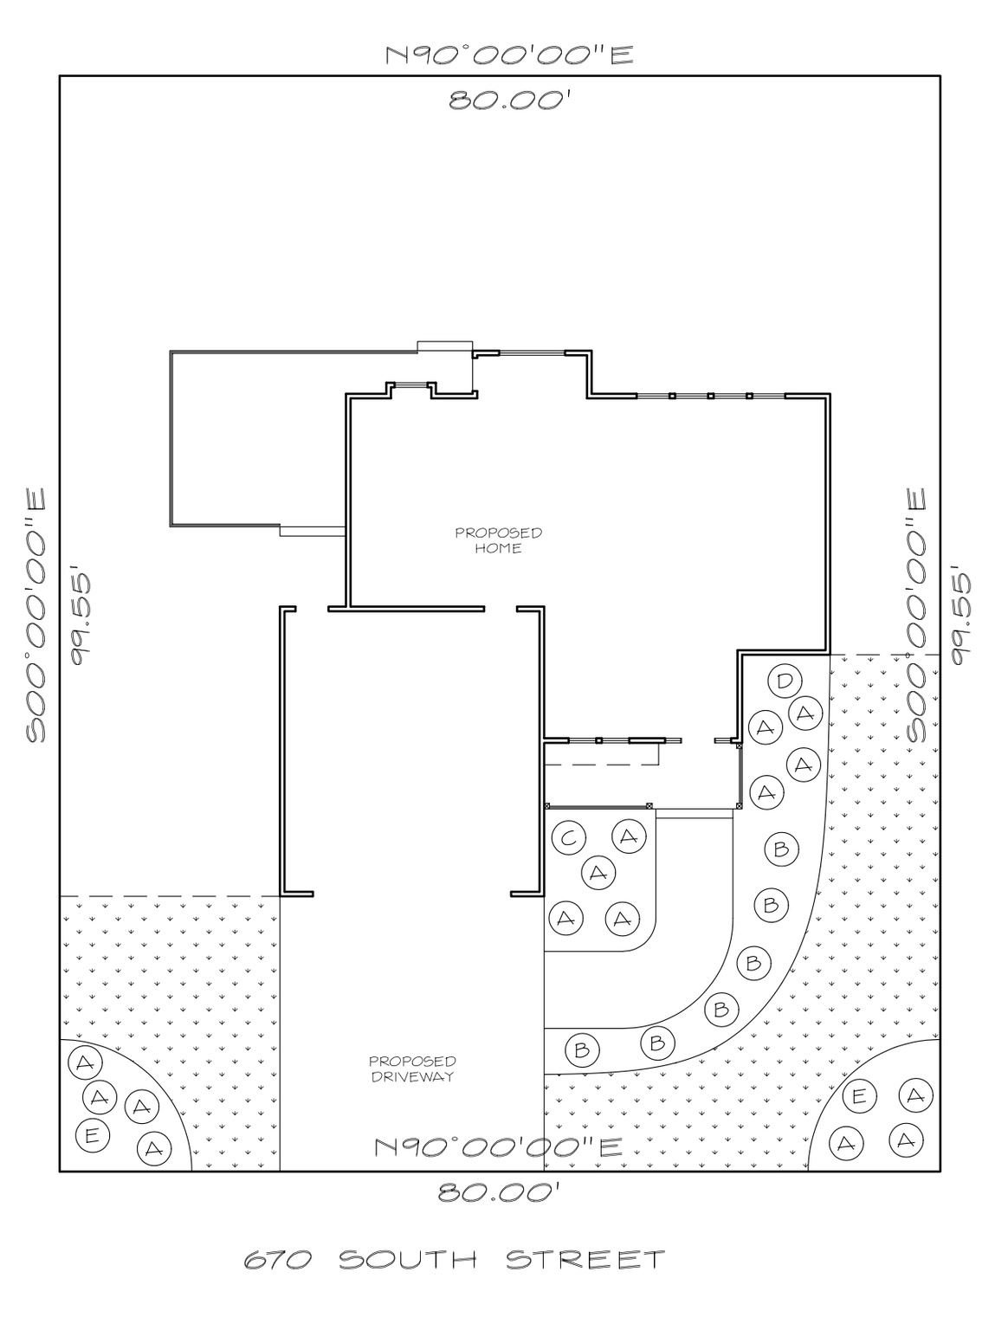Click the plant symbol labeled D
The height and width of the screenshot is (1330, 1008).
click(x=784, y=681)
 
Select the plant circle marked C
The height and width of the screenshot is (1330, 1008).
click(x=568, y=837)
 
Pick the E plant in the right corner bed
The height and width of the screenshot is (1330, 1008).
click(x=858, y=1096)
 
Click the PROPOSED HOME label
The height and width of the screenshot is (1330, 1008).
click(x=499, y=540)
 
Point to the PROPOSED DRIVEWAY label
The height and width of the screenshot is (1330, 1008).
click(x=412, y=1069)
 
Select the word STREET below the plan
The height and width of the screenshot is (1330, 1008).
click(x=585, y=1259)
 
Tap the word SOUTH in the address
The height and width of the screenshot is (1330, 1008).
click(x=407, y=1260)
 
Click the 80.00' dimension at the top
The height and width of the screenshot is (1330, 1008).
click(x=508, y=100)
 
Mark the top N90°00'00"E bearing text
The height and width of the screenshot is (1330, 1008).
click(x=509, y=55)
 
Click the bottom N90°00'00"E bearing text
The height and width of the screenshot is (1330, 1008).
click(x=498, y=1147)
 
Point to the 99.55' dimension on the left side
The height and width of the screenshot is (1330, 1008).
click(x=85, y=617)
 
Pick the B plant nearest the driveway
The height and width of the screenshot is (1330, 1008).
click(x=582, y=1050)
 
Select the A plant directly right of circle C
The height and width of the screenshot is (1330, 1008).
click(x=629, y=836)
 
